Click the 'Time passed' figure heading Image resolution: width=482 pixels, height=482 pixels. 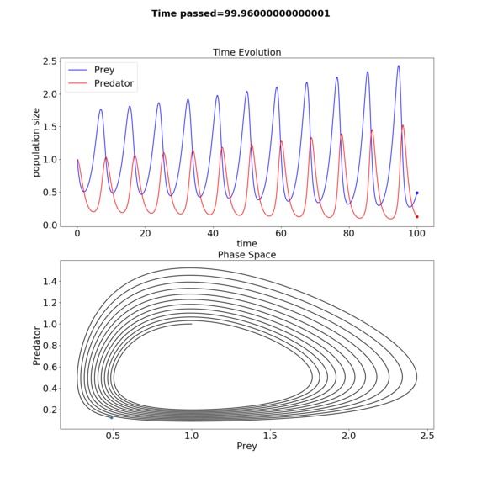241,13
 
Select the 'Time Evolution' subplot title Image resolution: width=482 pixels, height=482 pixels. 246,52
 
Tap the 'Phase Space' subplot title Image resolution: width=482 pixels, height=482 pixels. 246,255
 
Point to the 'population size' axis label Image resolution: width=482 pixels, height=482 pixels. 36,142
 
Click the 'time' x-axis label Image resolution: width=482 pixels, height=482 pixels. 246,243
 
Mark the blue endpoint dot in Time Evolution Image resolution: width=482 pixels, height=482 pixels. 417,193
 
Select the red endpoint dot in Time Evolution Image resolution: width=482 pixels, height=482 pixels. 417,217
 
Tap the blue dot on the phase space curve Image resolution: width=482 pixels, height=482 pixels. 112,417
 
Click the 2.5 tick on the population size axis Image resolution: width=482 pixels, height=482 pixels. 50,61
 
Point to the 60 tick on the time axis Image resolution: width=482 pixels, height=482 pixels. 281,233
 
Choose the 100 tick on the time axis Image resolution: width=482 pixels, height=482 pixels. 417,233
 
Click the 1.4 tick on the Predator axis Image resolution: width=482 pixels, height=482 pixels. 50,281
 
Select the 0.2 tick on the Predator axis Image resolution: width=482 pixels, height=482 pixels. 50,410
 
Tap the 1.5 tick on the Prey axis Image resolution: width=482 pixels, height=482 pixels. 270,436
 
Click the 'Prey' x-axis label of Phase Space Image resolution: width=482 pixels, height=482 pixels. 246,447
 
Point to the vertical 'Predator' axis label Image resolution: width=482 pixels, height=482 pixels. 36,346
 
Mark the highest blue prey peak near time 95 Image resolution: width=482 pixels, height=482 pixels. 399,66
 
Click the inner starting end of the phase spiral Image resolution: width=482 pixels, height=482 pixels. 192,324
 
